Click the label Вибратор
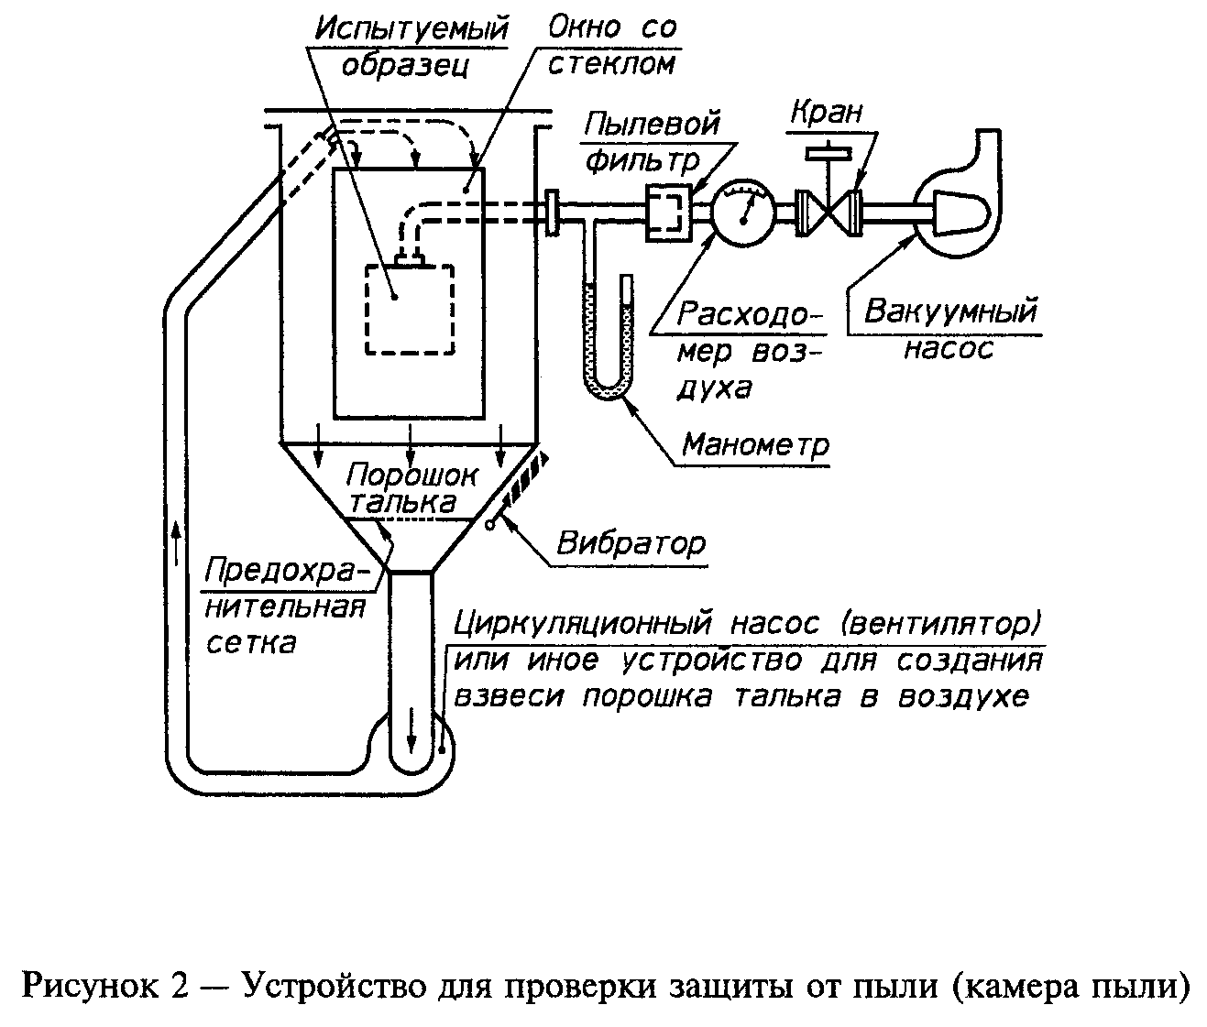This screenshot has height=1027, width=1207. point(631,543)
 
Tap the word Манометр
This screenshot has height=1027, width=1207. point(755,445)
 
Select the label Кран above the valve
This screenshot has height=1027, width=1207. point(828,112)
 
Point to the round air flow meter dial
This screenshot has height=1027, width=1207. point(744,211)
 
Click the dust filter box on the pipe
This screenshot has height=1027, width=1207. point(669,213)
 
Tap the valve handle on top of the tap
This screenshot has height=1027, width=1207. point(828,153)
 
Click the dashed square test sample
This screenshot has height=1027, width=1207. point(410,310)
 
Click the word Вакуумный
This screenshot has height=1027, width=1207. point(950,311)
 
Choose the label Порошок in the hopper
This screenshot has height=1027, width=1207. point(411,475)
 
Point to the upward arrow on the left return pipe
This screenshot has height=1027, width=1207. point(176,542)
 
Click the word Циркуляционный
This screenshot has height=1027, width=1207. point(584,624)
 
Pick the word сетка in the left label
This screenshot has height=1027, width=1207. point(252,643)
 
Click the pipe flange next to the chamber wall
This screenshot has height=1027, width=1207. point(552,213)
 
